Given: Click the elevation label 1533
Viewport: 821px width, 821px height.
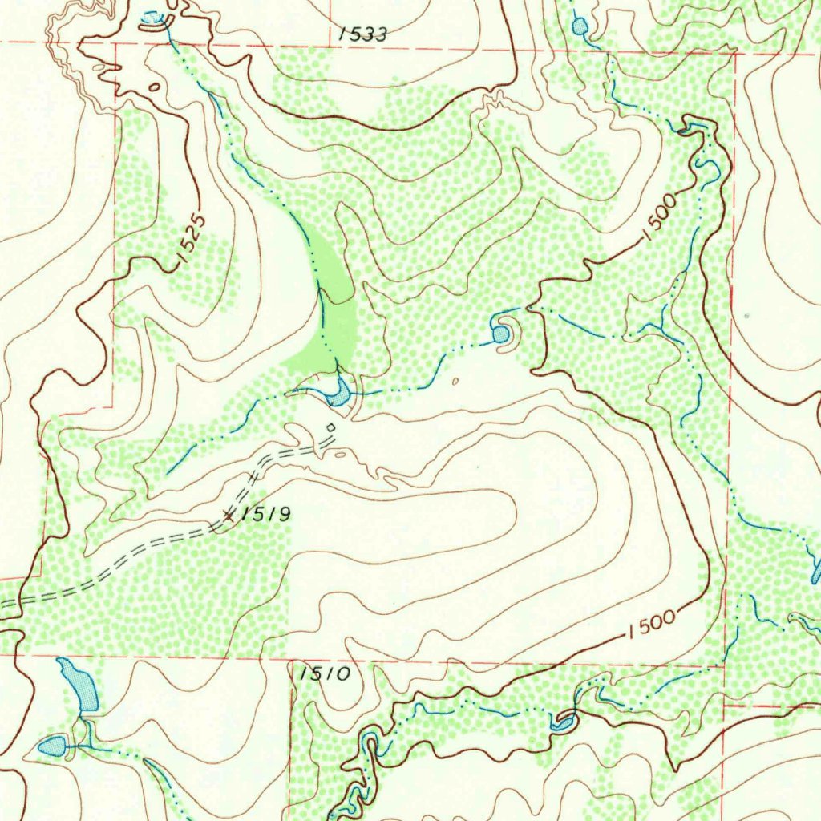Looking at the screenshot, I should tap(363, 34).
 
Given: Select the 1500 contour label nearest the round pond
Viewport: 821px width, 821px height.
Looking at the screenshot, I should tap(660, 217).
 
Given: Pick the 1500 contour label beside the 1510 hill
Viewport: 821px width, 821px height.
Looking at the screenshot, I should tap(651, 624).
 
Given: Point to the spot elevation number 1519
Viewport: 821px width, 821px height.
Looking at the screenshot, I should tap(264, 514).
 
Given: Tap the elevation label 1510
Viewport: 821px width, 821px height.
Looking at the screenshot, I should tap(325, 673).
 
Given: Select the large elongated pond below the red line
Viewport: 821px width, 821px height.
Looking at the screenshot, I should tap(79, 685).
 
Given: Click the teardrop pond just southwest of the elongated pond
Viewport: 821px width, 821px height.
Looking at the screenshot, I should tap(54, 746).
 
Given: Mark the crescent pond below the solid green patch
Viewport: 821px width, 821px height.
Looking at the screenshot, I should tap(339, 394).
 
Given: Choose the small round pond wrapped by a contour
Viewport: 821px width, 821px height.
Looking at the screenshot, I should tap(501, 333).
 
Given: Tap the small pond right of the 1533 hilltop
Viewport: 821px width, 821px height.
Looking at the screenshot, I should tap(580, 26).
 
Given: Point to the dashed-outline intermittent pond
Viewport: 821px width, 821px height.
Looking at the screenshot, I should tap(152, 18).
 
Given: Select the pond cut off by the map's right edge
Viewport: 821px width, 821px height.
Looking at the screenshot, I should tap(816, 570).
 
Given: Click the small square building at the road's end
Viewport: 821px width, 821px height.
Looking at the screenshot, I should tap(330, 427).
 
